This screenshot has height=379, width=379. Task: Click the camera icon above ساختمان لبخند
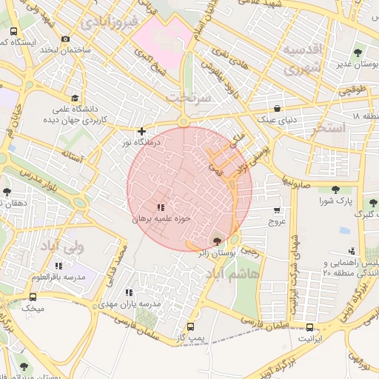[x=66, y=38]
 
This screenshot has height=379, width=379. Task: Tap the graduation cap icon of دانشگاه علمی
[x=75, y=98]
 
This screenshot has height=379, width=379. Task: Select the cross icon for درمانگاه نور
[x=142, y=131]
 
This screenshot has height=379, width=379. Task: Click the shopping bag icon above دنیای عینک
[x=276, y=107]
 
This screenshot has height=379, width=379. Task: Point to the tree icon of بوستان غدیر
[x=358, y=53]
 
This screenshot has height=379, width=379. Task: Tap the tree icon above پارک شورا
[x=337, y=189]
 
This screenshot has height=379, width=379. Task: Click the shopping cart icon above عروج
[x=277, y=210]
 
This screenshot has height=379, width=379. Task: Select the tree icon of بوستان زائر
[x=216, y=241]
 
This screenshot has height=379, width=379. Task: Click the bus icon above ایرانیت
[x=310, y=327]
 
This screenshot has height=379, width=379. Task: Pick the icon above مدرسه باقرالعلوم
[x=58, y=265]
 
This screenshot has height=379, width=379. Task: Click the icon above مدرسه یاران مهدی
[x=130, y=292]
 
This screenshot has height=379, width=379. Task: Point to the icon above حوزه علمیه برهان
[x=161, y=207]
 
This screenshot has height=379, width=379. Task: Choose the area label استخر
[x=330, y=129]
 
